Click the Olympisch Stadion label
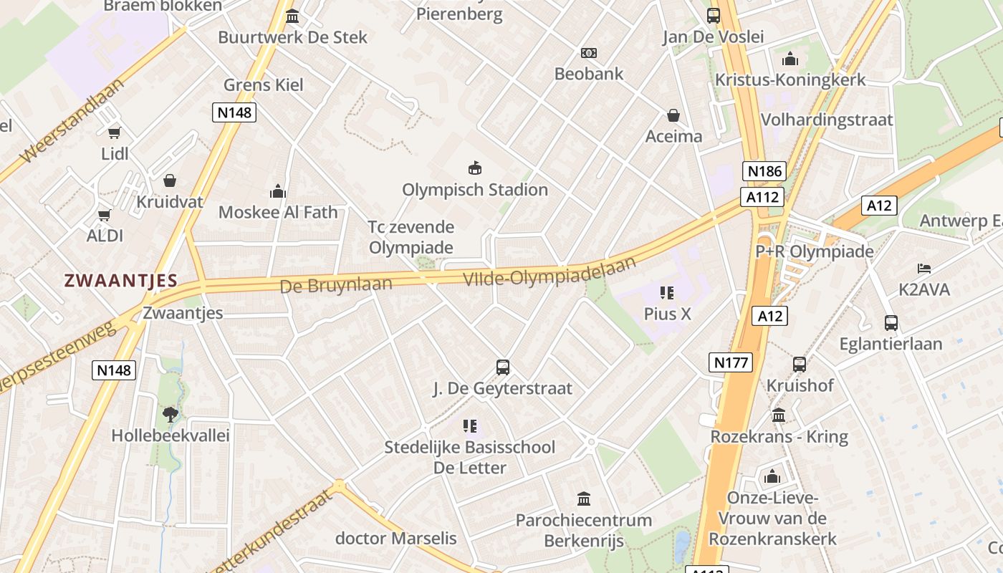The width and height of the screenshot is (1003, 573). (x=474, y=190)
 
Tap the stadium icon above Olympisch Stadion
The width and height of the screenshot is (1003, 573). (x=474, y=168)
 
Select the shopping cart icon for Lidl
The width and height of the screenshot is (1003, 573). (x=115, y=133)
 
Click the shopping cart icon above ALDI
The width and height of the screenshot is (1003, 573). (x=105, y=214)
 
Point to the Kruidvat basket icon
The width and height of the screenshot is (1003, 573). (x=170, y=180)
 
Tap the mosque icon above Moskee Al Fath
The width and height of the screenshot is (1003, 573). (x=277, y=191)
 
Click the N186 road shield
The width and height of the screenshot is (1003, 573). (x=764, y=171)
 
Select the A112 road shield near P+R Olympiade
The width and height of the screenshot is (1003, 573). (x=762, y=196)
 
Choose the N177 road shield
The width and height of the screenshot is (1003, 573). (x=731, y=362)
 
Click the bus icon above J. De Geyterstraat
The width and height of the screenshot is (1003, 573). (x=503, y=367)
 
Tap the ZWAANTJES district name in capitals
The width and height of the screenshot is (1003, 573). (x=120, y=280)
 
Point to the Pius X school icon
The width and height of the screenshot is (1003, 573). (x=667, y=292)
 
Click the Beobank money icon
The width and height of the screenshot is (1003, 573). (x=589, y=53)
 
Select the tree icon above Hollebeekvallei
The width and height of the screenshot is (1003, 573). (x=170, y=414)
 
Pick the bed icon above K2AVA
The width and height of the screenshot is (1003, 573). (x=924, y=269)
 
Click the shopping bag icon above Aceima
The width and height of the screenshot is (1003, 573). (x=673, y=115)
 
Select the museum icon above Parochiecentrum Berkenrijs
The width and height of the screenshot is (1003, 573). (x=584, y=499)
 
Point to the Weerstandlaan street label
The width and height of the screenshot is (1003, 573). (x=72, y=120)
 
